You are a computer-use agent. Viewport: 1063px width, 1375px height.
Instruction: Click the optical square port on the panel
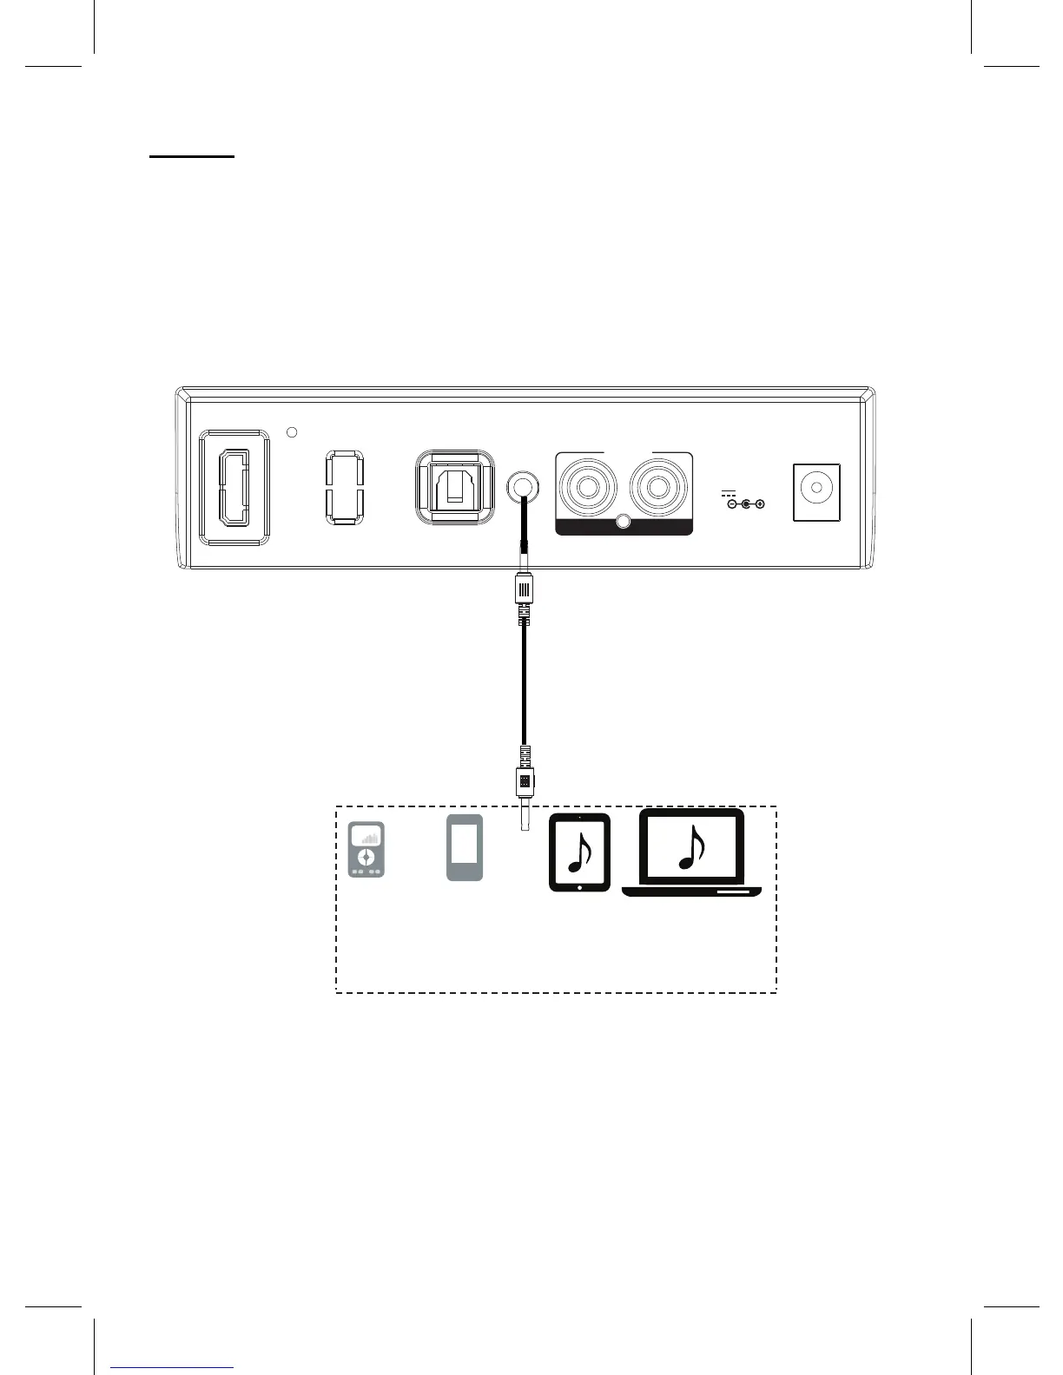455,487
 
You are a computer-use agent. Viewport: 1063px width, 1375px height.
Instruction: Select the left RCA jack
587,486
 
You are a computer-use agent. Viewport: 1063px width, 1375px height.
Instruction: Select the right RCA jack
661,486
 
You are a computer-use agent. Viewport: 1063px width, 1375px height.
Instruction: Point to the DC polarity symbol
746,503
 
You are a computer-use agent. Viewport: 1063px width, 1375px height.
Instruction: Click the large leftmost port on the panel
234,488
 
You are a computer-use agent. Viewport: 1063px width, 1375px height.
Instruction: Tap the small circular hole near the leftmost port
293,432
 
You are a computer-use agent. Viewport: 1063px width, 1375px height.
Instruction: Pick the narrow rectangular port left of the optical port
344,487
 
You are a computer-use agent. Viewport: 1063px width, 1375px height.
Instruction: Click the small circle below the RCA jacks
623,522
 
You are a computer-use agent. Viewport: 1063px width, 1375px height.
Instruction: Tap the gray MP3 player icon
366,849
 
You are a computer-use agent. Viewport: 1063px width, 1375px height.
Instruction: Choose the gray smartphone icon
465,848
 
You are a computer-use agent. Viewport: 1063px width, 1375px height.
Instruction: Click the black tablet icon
579,852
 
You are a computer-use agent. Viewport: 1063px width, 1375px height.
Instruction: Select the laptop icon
692,852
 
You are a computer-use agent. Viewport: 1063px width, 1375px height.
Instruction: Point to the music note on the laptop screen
692,846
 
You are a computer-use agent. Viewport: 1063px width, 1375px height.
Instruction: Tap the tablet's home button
579,887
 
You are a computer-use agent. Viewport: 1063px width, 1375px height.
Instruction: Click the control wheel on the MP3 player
366,855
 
